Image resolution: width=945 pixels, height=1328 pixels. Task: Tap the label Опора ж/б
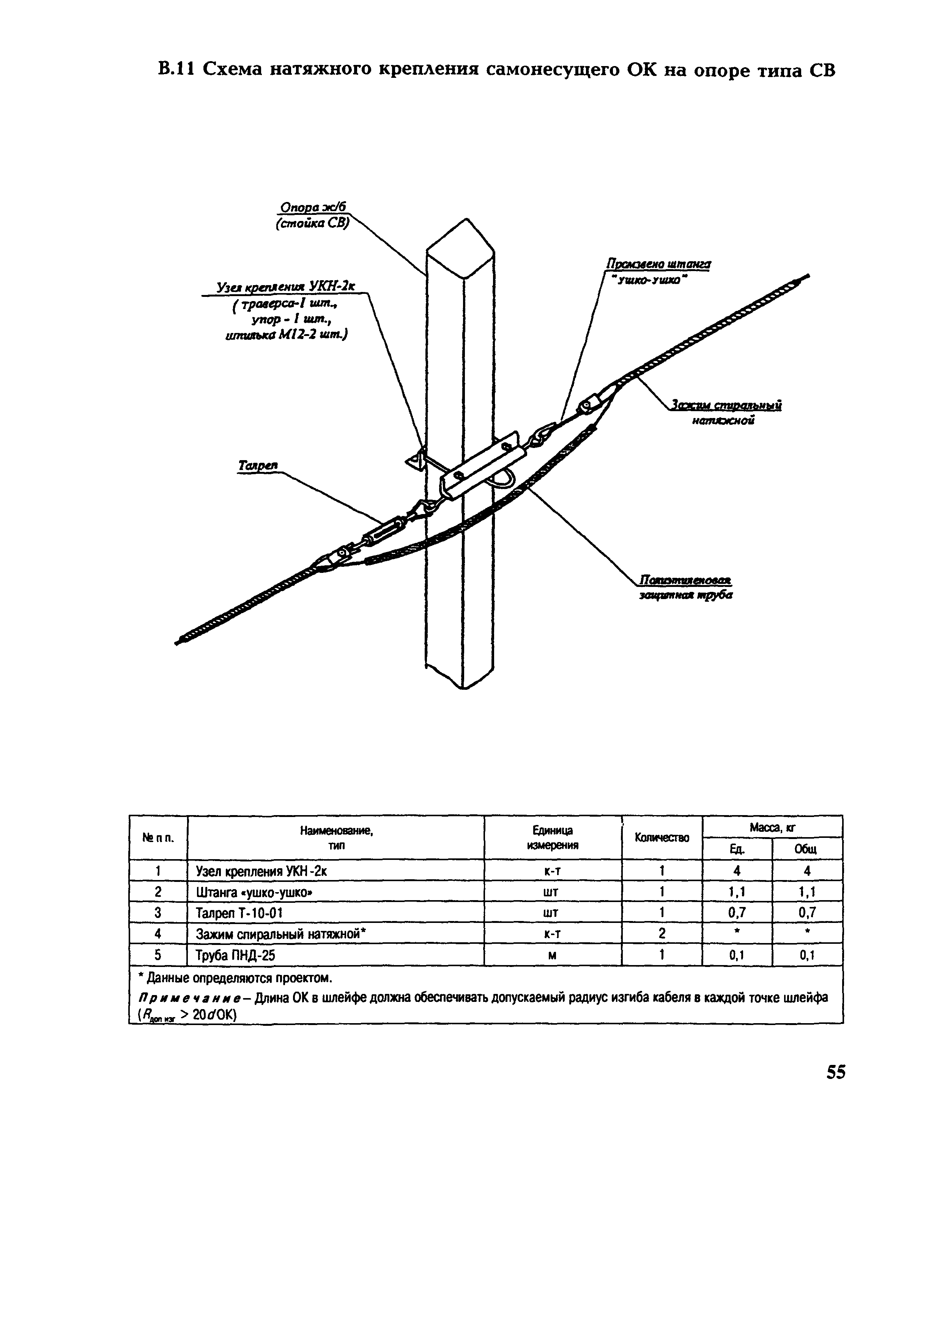(313, 207)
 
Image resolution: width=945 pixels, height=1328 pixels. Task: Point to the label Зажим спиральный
(726, 405)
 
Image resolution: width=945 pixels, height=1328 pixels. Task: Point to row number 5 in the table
(158, 955)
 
